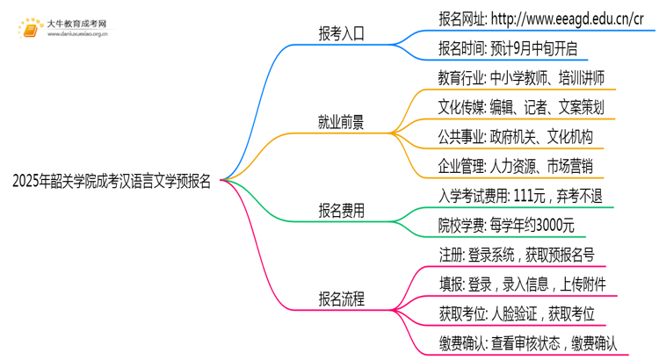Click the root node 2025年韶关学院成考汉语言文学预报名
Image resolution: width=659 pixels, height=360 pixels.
(x=112, y=182)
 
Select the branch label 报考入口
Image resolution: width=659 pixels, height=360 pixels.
(x=341, y=34)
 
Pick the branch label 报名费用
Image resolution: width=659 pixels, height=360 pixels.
(x=341, y=211)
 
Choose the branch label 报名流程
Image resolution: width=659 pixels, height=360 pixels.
(x=341, y=299)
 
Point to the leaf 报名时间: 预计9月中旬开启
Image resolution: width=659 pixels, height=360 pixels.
(x=507, y=48)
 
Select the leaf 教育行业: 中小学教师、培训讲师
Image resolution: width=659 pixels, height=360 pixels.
(x=521, y=78)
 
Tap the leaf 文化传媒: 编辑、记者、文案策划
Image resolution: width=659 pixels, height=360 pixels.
(x=521, y=107)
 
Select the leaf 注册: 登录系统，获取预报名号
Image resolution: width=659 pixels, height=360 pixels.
(x=516, y=255)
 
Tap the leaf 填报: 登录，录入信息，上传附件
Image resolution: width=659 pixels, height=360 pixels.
(x=521, y=284)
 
